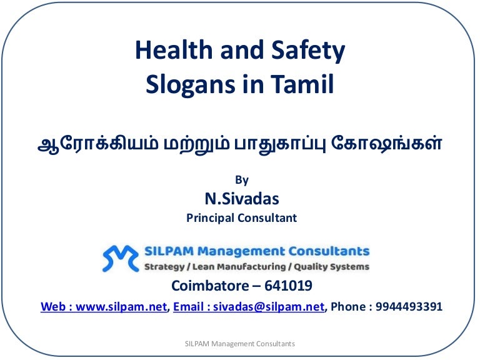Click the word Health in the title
[x=174, y=49]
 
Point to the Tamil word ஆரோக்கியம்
[x=98, y=144]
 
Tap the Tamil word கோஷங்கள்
[x=386, y=143]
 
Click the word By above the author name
[x=242, y=180]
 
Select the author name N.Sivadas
[x=242, y=199]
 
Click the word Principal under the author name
[x=210, y=218]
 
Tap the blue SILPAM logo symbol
[x=120, y=259]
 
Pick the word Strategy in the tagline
[x=164, y=267]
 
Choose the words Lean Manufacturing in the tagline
[x=239, y=267]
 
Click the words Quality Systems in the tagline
[x=331, y=267]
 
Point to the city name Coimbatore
[x=210, y=286]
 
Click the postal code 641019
[x=288, y=286]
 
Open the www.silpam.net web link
[x=121, y=307]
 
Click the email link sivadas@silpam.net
[x=269, y=307]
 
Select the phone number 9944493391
[x=409, y=306]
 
